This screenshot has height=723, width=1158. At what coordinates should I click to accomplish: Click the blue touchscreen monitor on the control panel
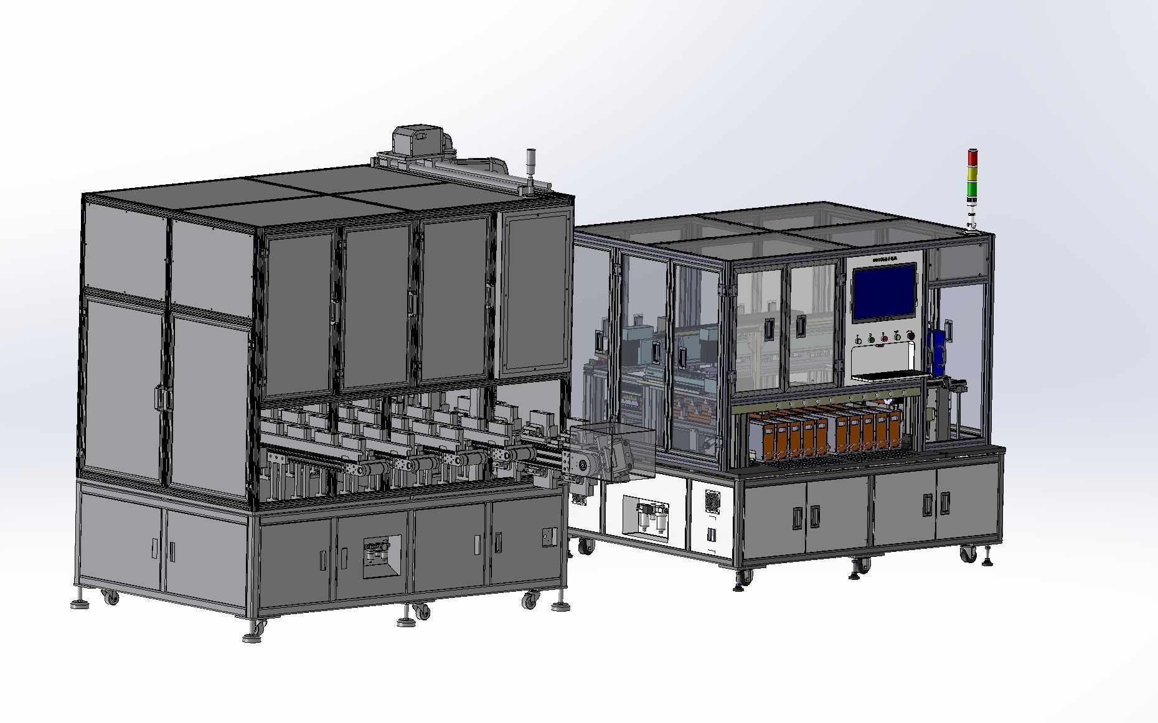tap(884, 292)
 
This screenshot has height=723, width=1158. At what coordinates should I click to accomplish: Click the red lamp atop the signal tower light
tap(972, 156)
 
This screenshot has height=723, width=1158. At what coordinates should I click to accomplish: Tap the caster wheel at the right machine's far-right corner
tap(967, 554)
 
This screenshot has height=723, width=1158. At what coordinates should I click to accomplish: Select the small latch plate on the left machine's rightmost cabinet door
tap(547, 534)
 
